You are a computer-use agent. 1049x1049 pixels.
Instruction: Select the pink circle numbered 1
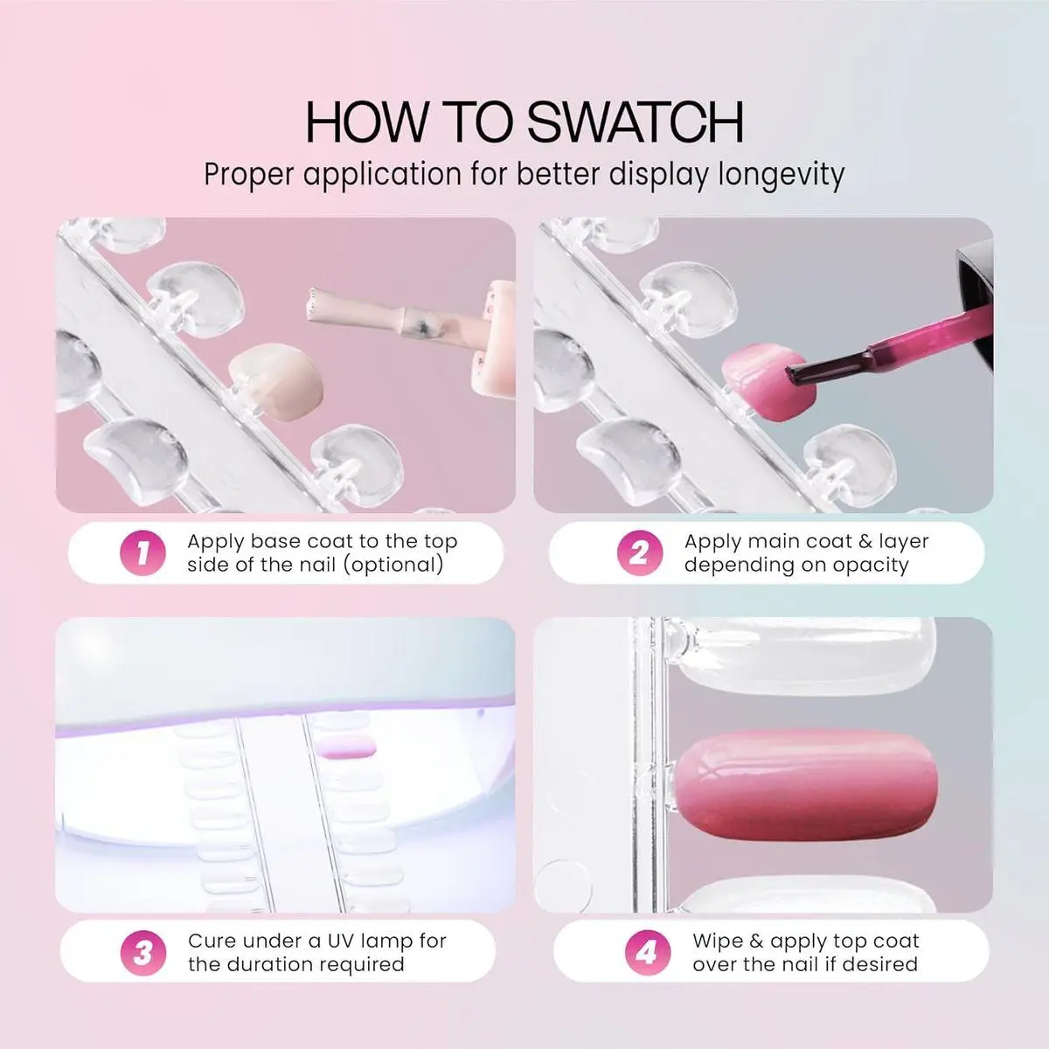pos(142,553)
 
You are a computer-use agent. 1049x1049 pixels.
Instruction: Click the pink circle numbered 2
pos(640,553)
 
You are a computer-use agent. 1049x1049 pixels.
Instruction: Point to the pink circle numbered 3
pos(143,953)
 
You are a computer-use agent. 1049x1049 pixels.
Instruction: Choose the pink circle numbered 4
pos(648,953)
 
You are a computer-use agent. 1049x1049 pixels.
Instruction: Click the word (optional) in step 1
pos(393,565)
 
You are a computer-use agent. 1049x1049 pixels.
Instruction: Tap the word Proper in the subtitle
pos(249,176)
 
